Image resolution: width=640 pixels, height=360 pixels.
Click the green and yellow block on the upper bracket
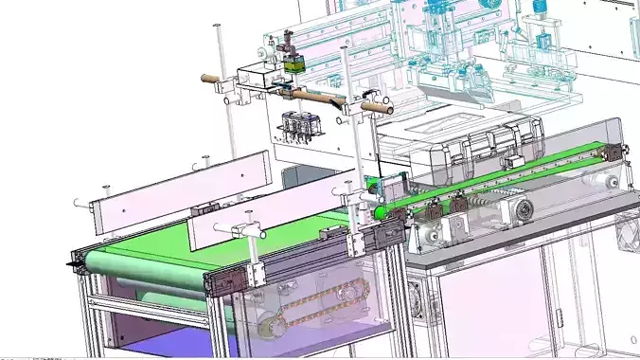pos(294,63)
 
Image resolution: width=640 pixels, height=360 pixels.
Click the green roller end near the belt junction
pos(379,213)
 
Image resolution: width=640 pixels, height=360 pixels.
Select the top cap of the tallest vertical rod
pos(218,27)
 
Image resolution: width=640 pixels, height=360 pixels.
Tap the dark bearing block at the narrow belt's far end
pos(616,152)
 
